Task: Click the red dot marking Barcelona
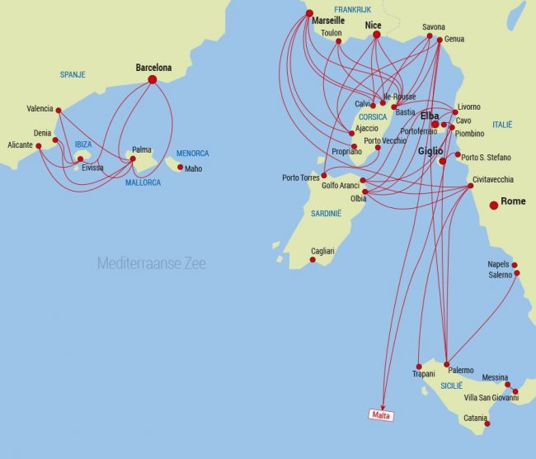pyautogui.click(x=152, y=79)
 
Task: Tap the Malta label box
pyautogui.click(x=380, y=414)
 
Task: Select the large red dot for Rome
pyautogui.click(x=494, y=205)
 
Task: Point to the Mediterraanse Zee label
pyautogui.click(x=151, y=263)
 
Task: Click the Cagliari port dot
pyautogui.click(x=313, y=260)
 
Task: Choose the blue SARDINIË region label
pyautogui.click(x=327, y=213)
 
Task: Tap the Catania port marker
pyautogui.click(x=487, y=424)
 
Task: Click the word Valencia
pyautogui.click(x=40, y=108)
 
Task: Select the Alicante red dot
pyautogui.click(x=38, y=146)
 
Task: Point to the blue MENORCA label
pyautogui.click(x=192, y=154)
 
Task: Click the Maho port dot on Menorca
pyautogui.click(x=180, y=167)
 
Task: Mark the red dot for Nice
pyautogui.click(x=377, y=35)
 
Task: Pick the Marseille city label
pyautogui.click(x=328, y=20)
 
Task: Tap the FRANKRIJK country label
pyautogui.click(x=353, y=8)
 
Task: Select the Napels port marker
pyautogui.click(x=515, y=265)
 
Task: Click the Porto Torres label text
pyautogui.click(x=300, y=177)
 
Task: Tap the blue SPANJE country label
pyautogui.click(x=72, y=75)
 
